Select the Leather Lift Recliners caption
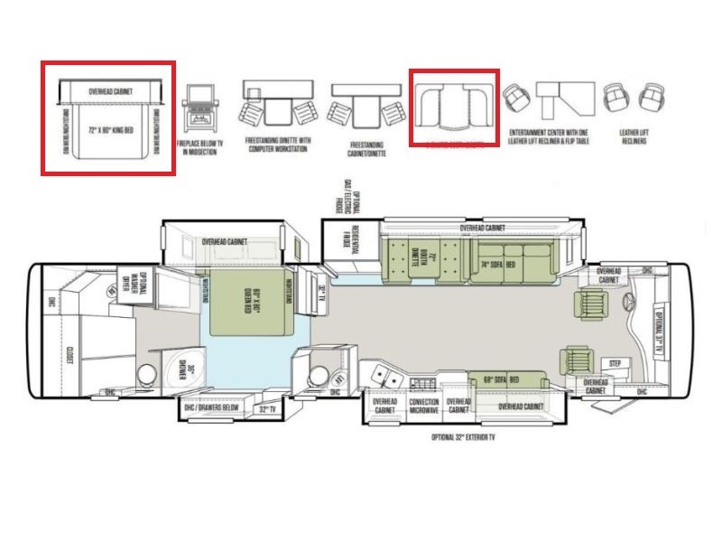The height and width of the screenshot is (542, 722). coord(634,138)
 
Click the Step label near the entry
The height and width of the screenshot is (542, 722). coord(616,364)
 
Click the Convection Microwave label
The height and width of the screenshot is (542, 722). coord(423,406)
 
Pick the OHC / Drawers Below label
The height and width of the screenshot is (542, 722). coord(212,409)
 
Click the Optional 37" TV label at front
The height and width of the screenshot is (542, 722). coord(662,330)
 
